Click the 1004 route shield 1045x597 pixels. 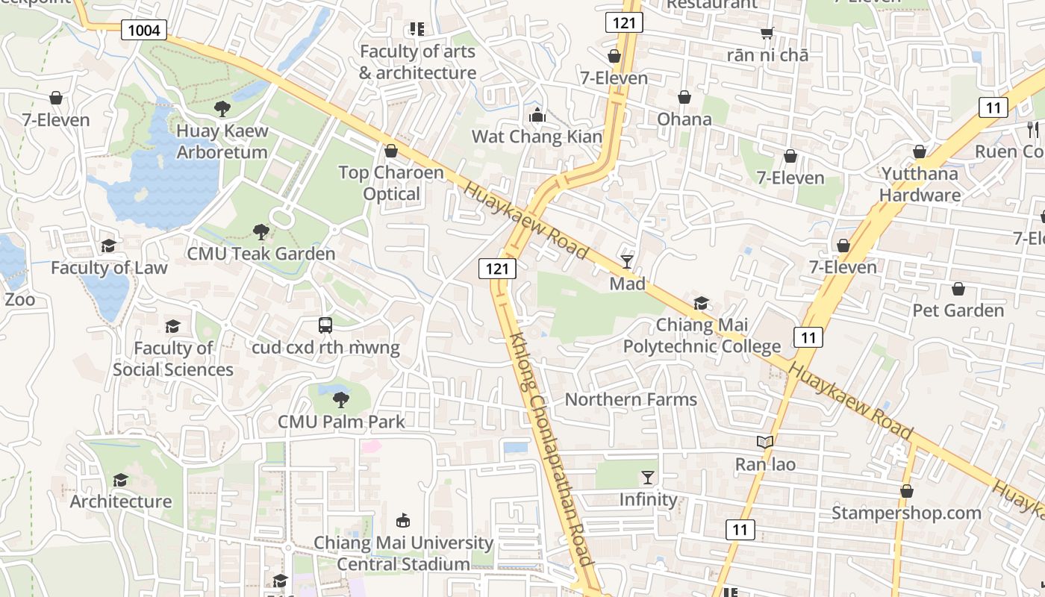click(x=143, y=30)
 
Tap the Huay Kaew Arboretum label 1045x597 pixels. click(x=222, y=142)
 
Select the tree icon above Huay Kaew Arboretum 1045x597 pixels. click(x=222, y=109)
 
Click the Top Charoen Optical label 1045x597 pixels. click(x=391, y=184)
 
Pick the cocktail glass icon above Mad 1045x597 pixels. click(x=626, y=261)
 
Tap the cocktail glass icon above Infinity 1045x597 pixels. click(x=647, y=477)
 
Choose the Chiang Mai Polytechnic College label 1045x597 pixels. click(x=702, y=336)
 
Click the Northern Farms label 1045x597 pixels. click(x=631, y=399)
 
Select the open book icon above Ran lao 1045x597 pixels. click(x=765, y=442)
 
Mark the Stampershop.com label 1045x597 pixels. click(x=906, y=513)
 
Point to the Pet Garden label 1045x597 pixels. click(x=958, y=310)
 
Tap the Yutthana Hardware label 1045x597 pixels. click(x=920, y=184)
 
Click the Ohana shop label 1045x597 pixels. click(x=684, y=119)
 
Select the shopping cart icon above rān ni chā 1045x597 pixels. click(x=767, y=33)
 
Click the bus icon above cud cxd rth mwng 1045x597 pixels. click(x=325, y=325)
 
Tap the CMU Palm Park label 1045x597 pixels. click(x=341, y=422)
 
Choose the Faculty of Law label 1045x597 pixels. click(x=109, y=268)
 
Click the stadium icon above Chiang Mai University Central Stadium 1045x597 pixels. click(x=403, y=520)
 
